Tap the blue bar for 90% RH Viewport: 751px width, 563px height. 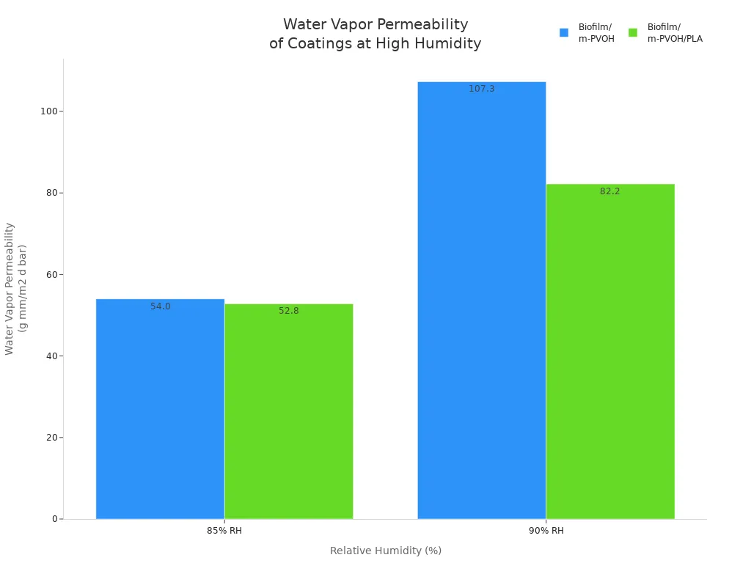pos(481,301)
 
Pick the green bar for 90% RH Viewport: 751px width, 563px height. pos(609,351)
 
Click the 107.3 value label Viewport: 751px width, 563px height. pos(482,89)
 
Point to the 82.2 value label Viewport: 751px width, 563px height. pos(609,191)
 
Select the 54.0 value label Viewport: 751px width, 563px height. pos(161,306)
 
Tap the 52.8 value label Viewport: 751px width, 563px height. pos(289,311)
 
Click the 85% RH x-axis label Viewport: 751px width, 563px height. pos(224,531)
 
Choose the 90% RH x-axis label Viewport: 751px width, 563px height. pos(546,531)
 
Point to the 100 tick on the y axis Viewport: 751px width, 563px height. pos(51,111)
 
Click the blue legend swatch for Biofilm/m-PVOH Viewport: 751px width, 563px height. pos(564,32)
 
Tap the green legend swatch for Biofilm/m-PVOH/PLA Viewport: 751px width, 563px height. pos(633,32)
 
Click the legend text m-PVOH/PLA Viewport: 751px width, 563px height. pos(675,39)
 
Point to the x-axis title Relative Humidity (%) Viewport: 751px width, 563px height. pos(386,551)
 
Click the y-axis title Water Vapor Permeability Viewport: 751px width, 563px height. pos(10,288)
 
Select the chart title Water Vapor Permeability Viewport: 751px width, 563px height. pos(375,25)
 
